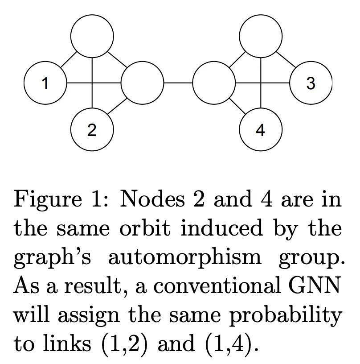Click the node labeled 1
pyautogui.click(x=45, y=83)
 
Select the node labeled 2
pyautogui.click(x=92, y=129)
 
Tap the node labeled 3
pyautogui.click(x=311, y=83)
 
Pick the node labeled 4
pyautogui.click(x=261, y=129)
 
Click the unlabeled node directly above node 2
pyautogui.click(x=92, y=36)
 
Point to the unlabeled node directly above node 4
pyautogui.click(x=261, y=36)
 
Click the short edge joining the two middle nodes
pyautogui.click(x=178, y=83)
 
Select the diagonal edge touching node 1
pyautogui.click(x=69, y=59)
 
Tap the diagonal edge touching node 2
pyautogui.click(x=117, y=106)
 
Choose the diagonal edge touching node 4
pyautogui.click(x=237, y=106)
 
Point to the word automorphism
pyautogui.click(x=185, y=258)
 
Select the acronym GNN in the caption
pyautogui.click(x=315, y=285)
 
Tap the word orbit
pyautogui.click(x=145, y=228)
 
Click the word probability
pyautogui.click(x=286, y=316)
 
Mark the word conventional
pyautogui.click(x=217, y=286)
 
